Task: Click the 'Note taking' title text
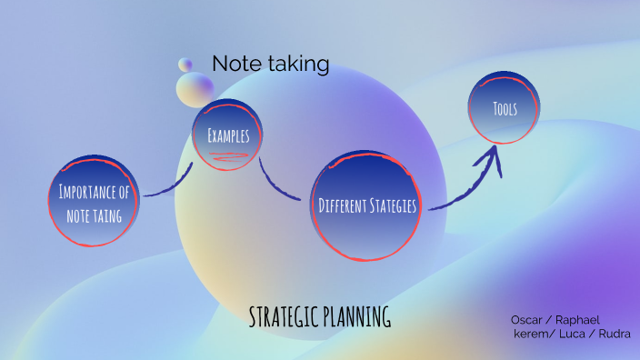[270, 64]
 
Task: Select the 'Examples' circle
[227, 134]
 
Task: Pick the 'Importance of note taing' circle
[94, 203]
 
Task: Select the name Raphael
[577, 320]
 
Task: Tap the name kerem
[530, 334]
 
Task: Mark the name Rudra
[614, 334]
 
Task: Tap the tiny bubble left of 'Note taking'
[185, 65]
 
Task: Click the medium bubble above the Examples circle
[195, 88]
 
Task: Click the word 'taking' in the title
[300, 64]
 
